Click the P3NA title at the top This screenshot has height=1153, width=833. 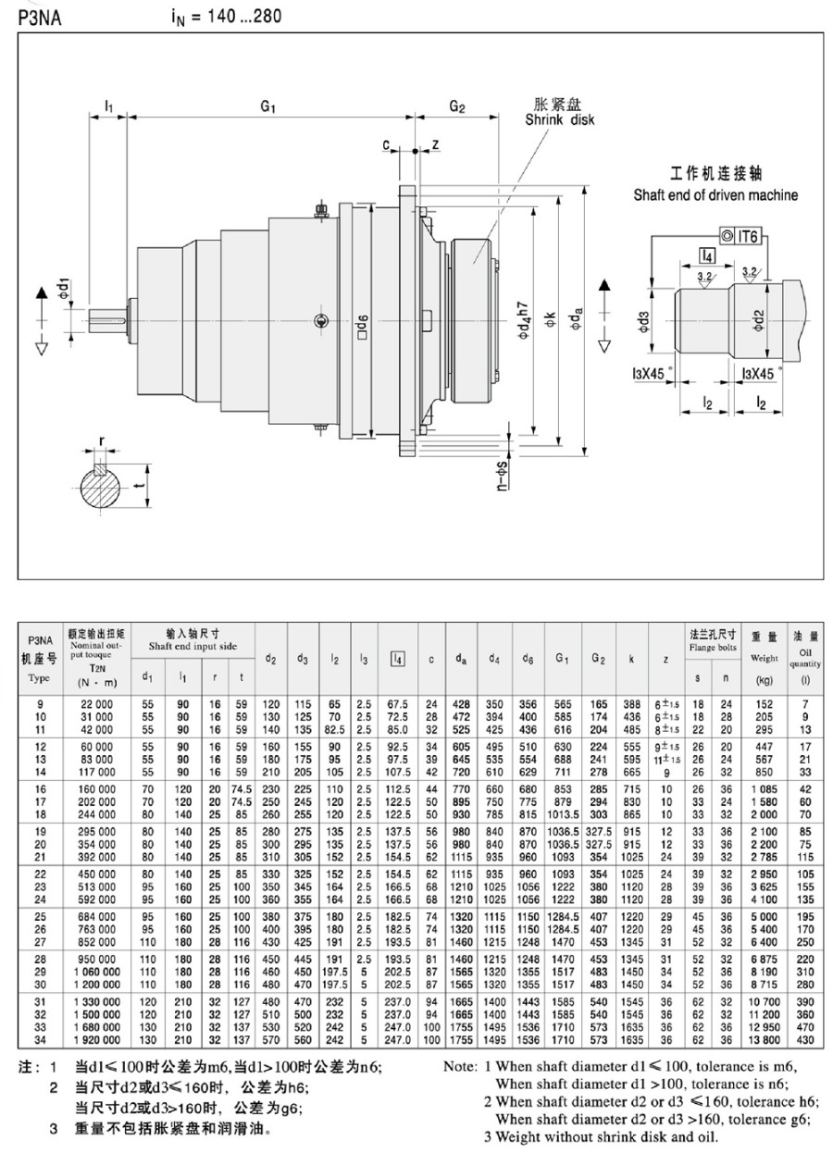pyautogui.click(x=39, y=19)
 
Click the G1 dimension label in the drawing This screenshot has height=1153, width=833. pyautogui.click(x=268, y=106)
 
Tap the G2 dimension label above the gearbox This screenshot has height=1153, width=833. pyautogui.click(x=456, y=106)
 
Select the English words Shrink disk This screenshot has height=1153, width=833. pyautogui.click(x=559, y=120)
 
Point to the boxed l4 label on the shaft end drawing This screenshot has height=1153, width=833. pyautogui.click(x=707, y=255)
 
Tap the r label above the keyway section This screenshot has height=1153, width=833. pyautogui.click(x=102, y=441)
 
